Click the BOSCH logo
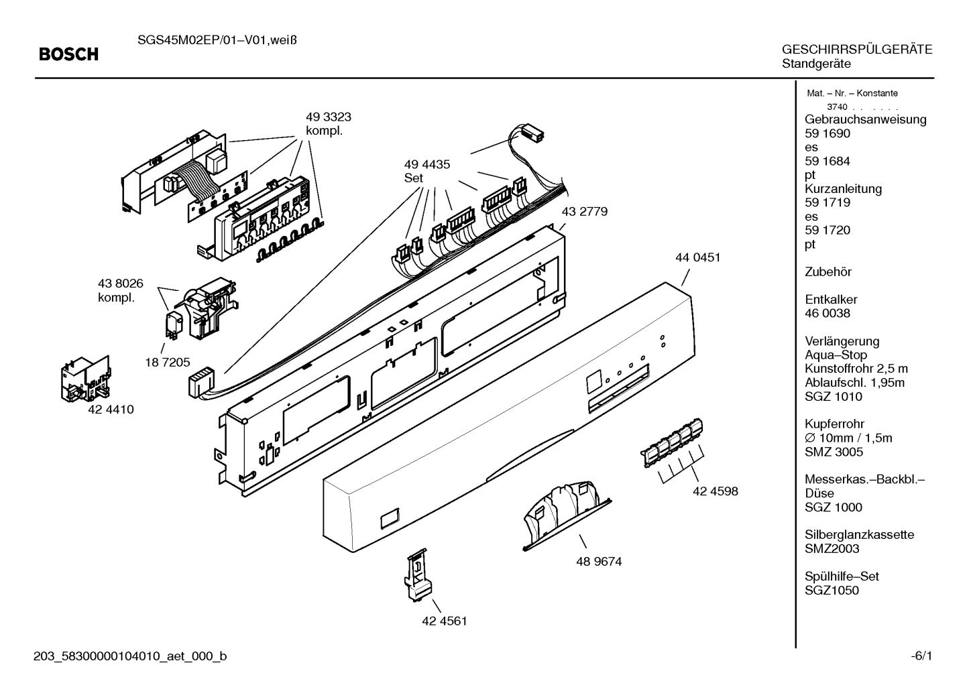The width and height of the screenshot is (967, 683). (68, 54)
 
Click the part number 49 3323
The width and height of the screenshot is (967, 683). (329, 117)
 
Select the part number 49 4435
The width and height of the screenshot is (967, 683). (427, 164)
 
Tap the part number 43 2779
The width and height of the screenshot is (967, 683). (585, 211)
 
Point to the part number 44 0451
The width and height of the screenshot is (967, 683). (698, 257)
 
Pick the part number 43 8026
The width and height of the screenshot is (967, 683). (121, 284)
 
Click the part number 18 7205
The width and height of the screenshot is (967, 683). (168, 363)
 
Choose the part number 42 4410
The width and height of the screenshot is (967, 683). (111, 410)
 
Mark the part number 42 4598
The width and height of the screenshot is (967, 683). (716, 491)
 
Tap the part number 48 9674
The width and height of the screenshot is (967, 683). (599, 561)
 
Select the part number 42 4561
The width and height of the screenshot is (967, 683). (445, 621)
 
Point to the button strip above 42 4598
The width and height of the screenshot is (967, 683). (672, 442)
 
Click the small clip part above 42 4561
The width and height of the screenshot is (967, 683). (418, 574)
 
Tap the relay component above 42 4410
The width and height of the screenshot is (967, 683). (85, 379)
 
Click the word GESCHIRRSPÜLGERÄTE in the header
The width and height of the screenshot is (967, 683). (857, 50)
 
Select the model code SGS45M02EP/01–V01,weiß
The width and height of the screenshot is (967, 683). (217, 40)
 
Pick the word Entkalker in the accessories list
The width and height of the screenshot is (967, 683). (831, 300)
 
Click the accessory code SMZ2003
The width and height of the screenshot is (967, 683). (832, 549)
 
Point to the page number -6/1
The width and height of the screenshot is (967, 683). (921, 656)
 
